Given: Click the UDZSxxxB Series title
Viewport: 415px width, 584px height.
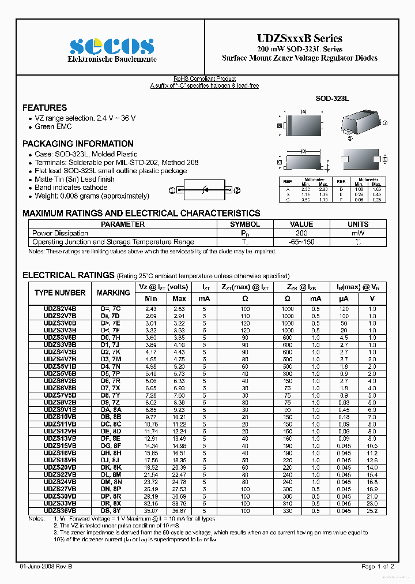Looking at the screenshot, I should [x=300, y=39].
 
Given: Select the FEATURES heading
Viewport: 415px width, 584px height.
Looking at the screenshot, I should [x=44, y=108].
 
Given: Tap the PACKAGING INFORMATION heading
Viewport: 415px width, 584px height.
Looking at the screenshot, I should [x=78, y=144].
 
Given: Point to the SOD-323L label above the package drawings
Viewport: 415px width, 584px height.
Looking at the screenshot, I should [x=333, y=99].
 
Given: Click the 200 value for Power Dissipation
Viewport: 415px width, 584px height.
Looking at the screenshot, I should [x=301, y=234].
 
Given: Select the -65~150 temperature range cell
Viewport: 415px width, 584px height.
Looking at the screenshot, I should [x=301, y=242].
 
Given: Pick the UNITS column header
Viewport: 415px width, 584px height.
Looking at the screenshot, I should [x=358, y=224].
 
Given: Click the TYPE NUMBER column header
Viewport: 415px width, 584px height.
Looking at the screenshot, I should [x=60, y=293].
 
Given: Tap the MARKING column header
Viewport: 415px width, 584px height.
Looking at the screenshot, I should [x=114, y=293].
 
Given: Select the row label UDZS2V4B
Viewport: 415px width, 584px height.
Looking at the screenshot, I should [x=60, y=309].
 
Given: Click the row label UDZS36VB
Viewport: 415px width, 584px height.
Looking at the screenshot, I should [x=60, y=511].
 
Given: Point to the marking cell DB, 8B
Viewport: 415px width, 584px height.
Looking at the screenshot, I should [x=111, y=416].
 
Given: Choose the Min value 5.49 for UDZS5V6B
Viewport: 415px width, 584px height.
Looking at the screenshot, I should [x=151, y=373].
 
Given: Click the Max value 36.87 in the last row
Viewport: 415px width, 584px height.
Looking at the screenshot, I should [x=179, y=511].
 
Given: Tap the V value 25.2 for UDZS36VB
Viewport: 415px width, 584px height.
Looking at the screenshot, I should [x=372, y=511].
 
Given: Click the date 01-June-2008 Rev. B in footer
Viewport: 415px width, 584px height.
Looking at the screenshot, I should [x=50, y=567].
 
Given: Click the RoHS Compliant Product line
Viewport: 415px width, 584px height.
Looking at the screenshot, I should [x=205, y=79].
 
